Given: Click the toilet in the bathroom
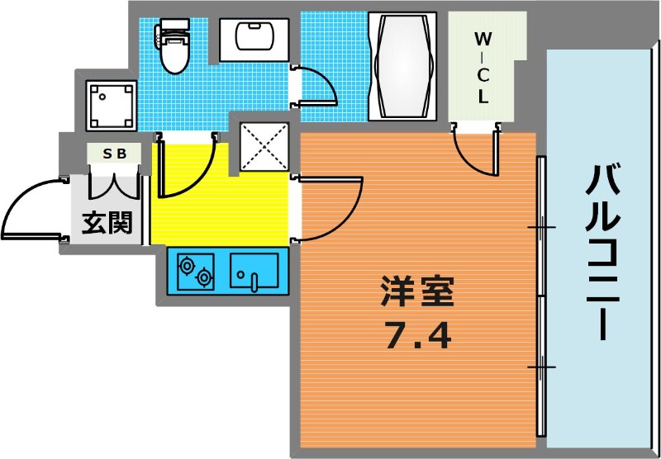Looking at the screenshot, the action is coord(174,46).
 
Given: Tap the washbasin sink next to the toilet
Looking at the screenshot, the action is coord(254,40).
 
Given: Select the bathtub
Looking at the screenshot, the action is coord(402,66).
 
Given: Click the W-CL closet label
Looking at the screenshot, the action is coord(483,69).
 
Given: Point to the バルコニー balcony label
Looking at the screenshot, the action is coord(603,253).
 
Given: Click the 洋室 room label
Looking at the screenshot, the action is coord(417,291).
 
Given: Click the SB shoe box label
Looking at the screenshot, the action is coord(115,154).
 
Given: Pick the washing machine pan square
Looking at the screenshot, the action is coord(111,106).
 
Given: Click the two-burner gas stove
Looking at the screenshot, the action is coord(196,271).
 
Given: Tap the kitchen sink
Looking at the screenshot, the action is coord(254,271).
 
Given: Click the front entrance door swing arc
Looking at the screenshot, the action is coord(17,198).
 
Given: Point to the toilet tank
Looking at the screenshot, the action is coord(172,26).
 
